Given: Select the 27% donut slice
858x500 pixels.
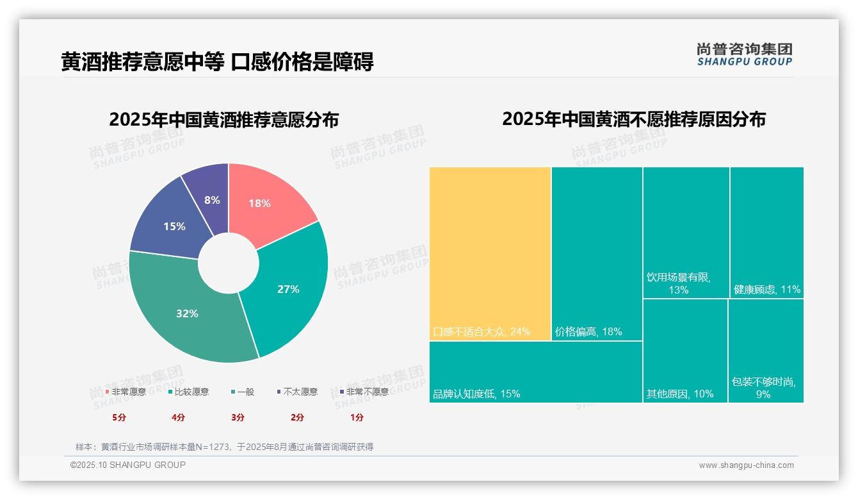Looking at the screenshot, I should [x=288, y=288].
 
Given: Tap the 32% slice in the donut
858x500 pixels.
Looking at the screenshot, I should [x=187, y=313].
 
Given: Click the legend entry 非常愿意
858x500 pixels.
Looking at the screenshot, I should [x=126, y=392].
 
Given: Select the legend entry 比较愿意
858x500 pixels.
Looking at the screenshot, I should [x=189, y=392].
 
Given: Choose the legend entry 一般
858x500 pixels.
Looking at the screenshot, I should [x=243, y=392].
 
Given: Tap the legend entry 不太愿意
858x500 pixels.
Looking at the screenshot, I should [x=297, y=392].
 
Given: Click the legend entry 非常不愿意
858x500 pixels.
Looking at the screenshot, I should [x=364, y=392].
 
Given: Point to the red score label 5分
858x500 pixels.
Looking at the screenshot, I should [x=119, y=417].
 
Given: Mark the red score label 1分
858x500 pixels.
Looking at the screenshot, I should [x=357, y=417].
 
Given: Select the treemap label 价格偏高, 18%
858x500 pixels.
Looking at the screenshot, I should [x=588, y=332].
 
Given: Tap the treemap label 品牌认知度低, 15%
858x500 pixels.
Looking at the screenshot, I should [x=476, y=394].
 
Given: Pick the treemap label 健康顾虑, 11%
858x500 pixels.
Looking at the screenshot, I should [x=766, y=289].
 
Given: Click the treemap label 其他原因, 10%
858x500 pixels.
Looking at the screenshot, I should [x=679, y=394].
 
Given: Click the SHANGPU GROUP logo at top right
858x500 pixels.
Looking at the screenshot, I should [x=744, y=54].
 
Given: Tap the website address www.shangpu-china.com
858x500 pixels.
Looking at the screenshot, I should [x=746, y=465].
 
